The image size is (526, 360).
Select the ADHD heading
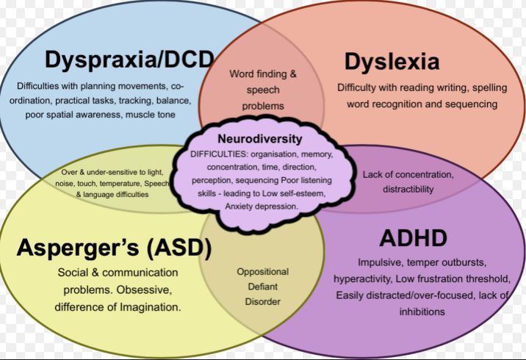point(413,238)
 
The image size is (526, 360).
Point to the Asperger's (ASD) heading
point(115,248)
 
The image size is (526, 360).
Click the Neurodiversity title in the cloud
point(260,138)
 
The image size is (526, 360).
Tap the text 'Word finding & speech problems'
point(263,90)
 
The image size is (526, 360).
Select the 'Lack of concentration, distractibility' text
point(408,181)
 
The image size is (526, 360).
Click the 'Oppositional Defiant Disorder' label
point(262,286)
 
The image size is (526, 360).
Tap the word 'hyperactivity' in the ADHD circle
point(364,278)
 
